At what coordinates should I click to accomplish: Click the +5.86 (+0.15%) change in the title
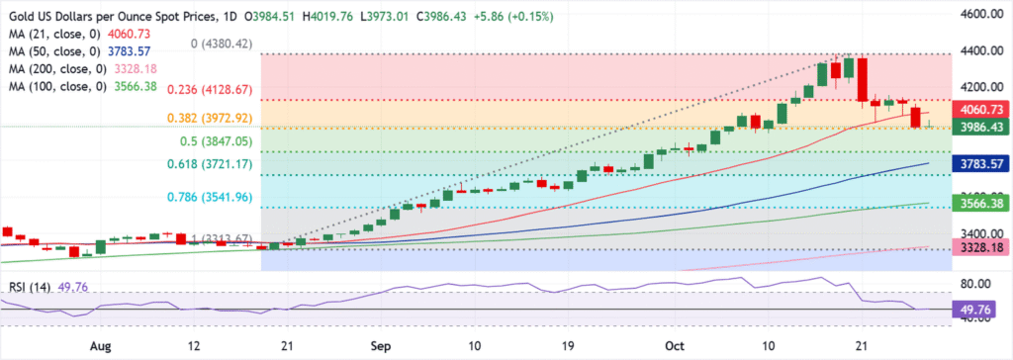[x=524, y=16]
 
